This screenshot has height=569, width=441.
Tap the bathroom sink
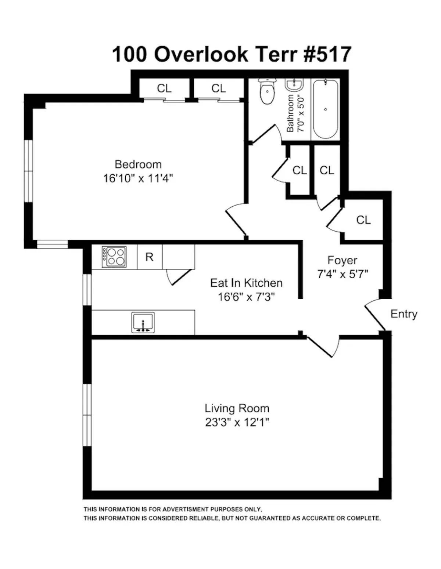(x=294, y=85)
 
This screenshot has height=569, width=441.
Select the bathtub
(x=325, y=109)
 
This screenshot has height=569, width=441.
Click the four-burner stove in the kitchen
(x=114, y=257)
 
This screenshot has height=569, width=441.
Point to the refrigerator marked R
(x=149, y=257)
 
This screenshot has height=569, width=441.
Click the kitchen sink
(x=143, y=323)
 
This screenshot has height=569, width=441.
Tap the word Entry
(x=404, y=314)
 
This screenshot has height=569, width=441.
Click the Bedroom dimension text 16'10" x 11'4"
(x=138, y=178)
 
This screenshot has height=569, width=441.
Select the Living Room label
(x=237, y=408)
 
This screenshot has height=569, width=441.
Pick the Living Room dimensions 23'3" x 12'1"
(x=237, y=423)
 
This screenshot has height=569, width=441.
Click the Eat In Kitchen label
(x=246, y=283)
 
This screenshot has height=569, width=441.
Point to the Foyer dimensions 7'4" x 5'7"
(x=342, y=274)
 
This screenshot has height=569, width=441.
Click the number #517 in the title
(x=327, y=54)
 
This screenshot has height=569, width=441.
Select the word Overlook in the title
(x=201, y=54)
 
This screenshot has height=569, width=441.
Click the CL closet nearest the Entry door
(x=363, y=220)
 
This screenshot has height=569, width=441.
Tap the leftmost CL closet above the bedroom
(x=164, y=88)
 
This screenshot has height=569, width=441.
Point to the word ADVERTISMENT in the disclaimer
(x=185, y=510)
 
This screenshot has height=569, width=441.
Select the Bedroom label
(x=138, y=164)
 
